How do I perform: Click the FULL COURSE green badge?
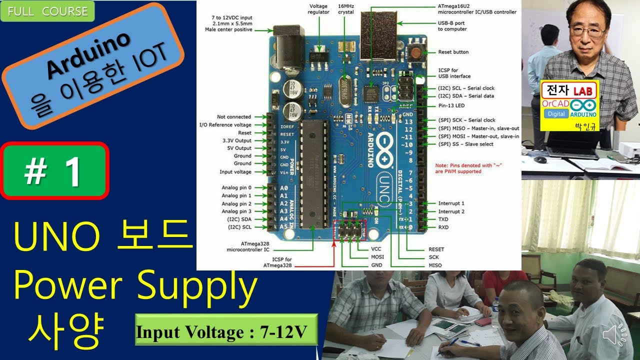pyautogui.click(x=47, y=11)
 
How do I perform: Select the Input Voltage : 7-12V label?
pyautogui.click(x=226, y=330)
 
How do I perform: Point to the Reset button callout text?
pyautogui.click(x=453, y=52)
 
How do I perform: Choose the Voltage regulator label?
pyautogui.click(x=318, y=9)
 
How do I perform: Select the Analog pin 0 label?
pyautogui.click(x=236, y=187)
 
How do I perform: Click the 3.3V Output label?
pyautogui.click(x=236, y=140)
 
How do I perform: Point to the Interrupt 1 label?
pyautogui.click(x=451, y=203)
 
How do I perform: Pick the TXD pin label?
pyautogui.click(x=443, y=219)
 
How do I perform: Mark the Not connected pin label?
pyautogui.click(x=234, y=117)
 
